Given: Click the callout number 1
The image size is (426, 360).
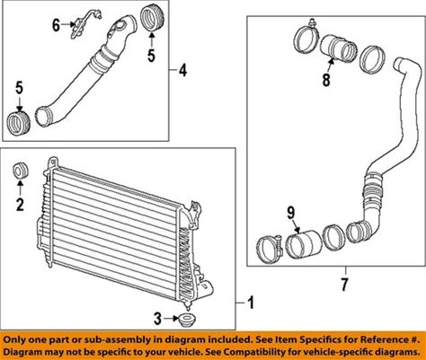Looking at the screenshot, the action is click(x=251, y=303).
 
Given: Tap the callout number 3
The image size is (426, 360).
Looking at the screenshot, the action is click(x=157, y=319).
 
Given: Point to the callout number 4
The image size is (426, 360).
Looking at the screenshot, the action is click(x=182, y=71).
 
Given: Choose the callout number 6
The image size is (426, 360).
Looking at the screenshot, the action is click(x=56, y=25).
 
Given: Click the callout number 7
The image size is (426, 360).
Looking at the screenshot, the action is click(x=344, y=285).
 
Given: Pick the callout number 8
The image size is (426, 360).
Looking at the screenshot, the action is click(x=326, y=80).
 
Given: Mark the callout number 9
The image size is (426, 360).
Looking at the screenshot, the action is click(x=291, y=213).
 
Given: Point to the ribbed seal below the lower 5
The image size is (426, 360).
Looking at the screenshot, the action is click(x=19, y=123).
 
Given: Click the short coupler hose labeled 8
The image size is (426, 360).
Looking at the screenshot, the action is click(x=338, y=48).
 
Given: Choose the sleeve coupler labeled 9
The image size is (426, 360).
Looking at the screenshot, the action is click(x=303, y=244).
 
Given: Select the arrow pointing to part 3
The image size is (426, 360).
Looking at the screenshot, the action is click(x=172, y=319).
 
